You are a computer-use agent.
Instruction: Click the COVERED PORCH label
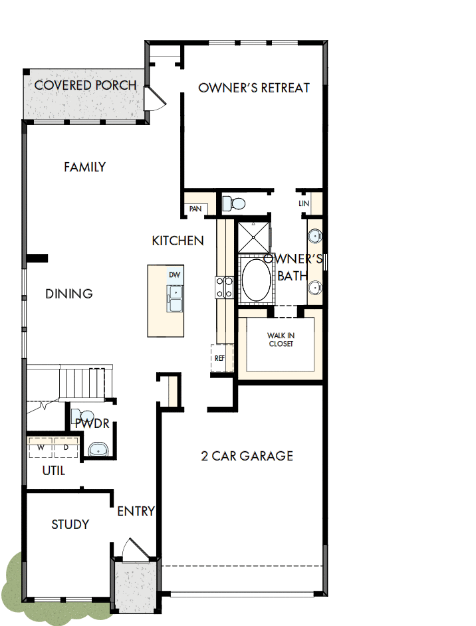pos(85,86)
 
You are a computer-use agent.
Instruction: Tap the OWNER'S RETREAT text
pos(254,88)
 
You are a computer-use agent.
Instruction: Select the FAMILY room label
pos(84,167)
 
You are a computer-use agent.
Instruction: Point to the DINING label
pos(69,294)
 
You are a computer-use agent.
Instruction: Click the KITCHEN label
pos(178,241)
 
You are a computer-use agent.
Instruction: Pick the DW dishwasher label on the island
pos(174,274)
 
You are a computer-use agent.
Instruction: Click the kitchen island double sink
pos(175,298)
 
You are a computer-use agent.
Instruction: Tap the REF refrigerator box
pos(220,358)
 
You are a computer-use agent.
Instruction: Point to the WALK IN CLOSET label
pos(280,340)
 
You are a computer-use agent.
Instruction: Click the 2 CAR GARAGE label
pos(247,456)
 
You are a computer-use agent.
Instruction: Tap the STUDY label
pos(70,525)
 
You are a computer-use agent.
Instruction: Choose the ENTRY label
pos(136,511)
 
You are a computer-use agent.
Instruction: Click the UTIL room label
pos(54,470)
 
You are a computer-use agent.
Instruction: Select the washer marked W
pos(41,447)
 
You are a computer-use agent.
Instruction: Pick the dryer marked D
pos(66,447)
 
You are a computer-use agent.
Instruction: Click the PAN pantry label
pos(195,209)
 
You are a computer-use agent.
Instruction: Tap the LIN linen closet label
pos(304,203)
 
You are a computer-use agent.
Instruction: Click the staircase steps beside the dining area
pos(82,383)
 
